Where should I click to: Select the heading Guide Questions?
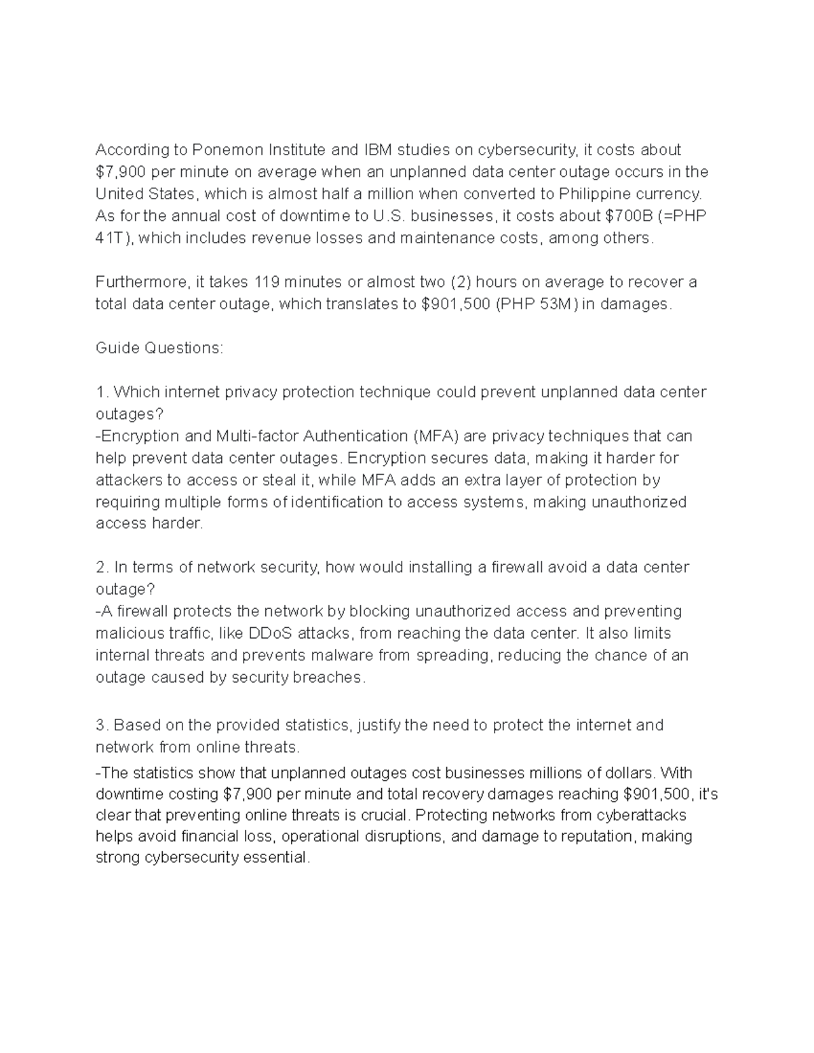pyautogui.click(x=159, y=348)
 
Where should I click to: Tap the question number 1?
pyautogui.click(x=102, y=392)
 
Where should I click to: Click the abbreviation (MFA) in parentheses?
pyautogui.click(x=435, y=435)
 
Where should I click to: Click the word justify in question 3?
pyautogui.click(x=379, y=725)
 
